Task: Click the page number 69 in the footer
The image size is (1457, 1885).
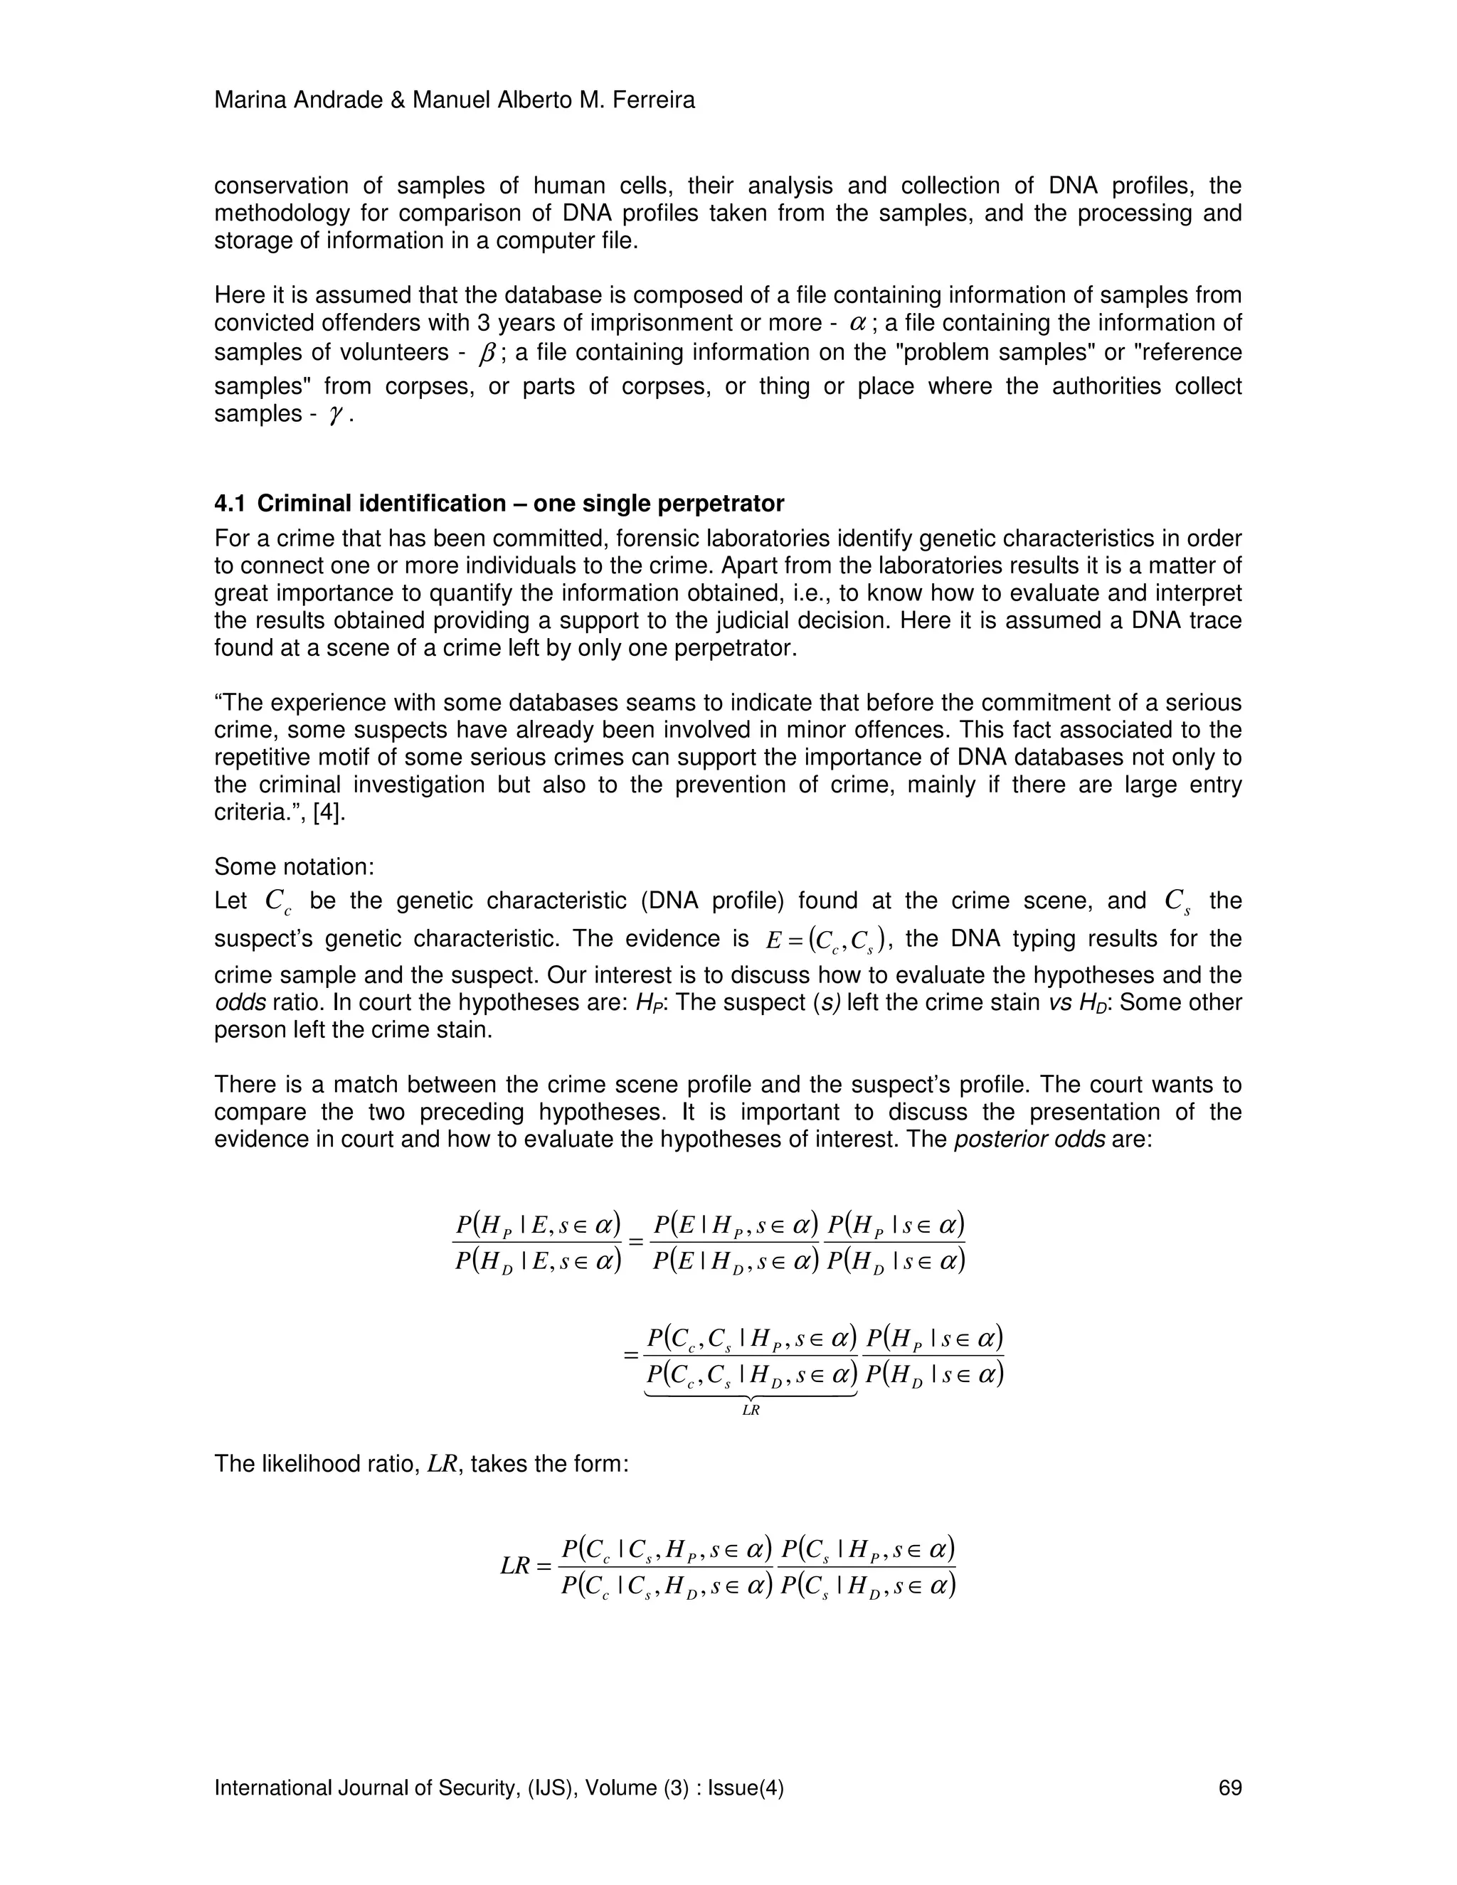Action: pyautogui.click(x=1230, y=1788)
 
